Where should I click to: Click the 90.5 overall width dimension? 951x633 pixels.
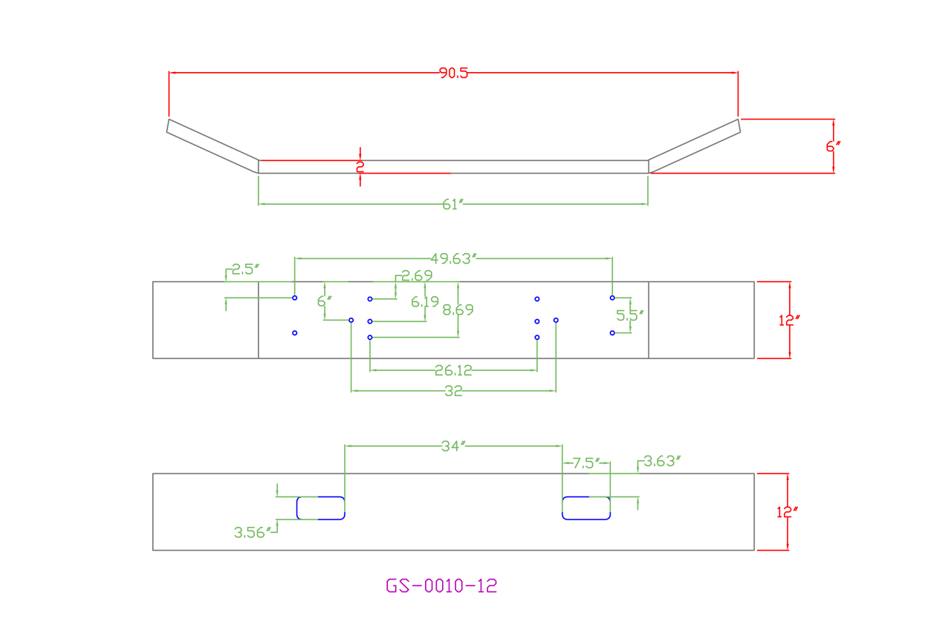click(453, 73)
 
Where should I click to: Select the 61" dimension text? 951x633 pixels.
click(453, 205)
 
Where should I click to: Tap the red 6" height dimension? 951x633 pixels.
click(832, 146)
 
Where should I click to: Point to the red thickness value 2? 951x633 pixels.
click(360, 167)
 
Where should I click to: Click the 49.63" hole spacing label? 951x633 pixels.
click(453, 258)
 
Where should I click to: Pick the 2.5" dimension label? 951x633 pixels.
click(246, 269)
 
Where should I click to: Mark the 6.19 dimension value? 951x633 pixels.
click(426, 302)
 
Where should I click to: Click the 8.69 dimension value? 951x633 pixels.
click(458, 309)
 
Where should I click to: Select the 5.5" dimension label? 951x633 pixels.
click(630, 315)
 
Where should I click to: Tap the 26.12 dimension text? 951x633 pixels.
click(453, 370)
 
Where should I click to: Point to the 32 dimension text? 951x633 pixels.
click(453, 391)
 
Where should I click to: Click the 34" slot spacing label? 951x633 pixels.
click(453, 446)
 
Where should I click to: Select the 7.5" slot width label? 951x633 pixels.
click(585, 464)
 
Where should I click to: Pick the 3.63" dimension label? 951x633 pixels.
click(662, 461)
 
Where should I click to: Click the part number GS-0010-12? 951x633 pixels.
click(441, 586)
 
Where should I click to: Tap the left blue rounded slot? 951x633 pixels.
click(320, 508)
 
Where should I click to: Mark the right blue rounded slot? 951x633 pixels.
click(586, 508)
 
